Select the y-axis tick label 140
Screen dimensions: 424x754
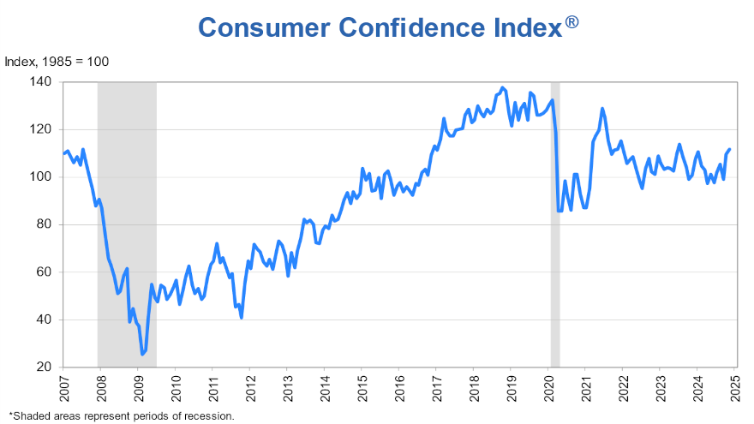42,82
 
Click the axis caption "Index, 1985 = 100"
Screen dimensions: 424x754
57,62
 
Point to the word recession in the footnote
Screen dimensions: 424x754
209,415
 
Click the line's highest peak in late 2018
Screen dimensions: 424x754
502,87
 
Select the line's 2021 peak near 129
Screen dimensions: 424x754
602,108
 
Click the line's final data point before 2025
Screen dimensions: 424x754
729,150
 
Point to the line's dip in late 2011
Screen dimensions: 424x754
242,318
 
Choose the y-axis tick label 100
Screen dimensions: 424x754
42,177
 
